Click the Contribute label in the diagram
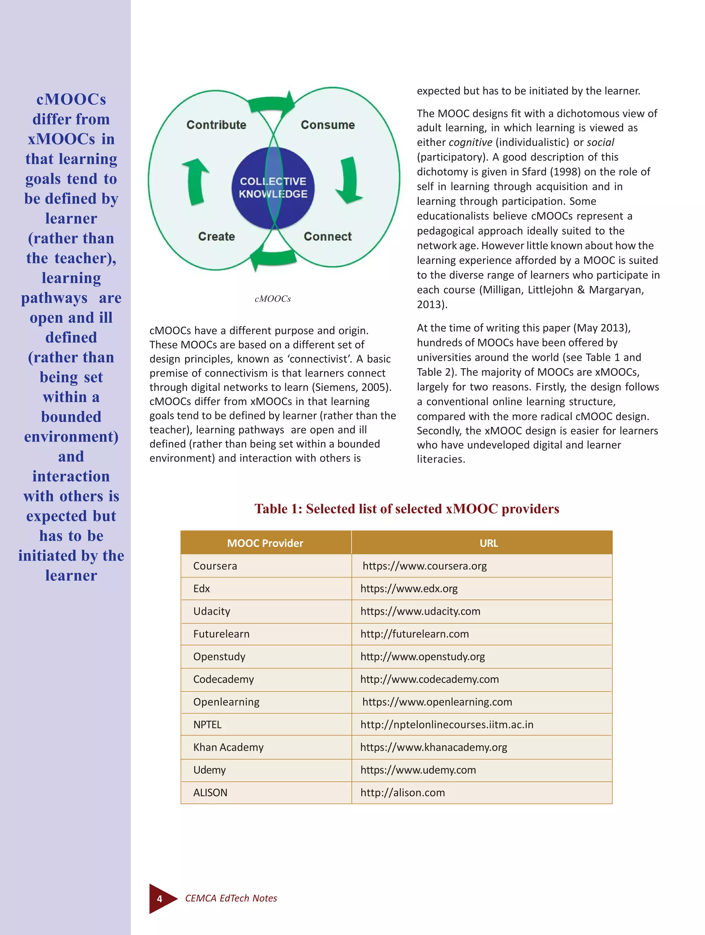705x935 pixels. tap(216, 125)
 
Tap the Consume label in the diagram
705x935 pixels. tap(328, 125)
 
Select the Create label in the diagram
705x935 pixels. tap(216, 236)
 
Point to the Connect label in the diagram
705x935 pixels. tap(328, 236)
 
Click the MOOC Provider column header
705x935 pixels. tap(265, 543)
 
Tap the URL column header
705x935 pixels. tap(488, 543)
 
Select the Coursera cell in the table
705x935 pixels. tap(215, 566)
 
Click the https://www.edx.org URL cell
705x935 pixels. tap(409, 589)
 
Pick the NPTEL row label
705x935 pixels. tap(207, 725)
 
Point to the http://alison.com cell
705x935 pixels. tap(402, 793)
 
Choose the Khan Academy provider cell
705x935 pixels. tap(228, 748)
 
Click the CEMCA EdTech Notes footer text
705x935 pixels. tap(231, 898)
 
